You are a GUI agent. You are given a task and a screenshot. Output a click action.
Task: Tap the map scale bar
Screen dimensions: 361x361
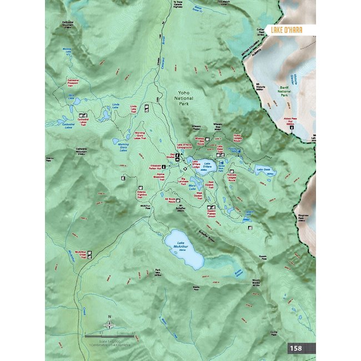point(109,337)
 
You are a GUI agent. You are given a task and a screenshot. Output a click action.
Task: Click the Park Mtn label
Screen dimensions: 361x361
point(158,273)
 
